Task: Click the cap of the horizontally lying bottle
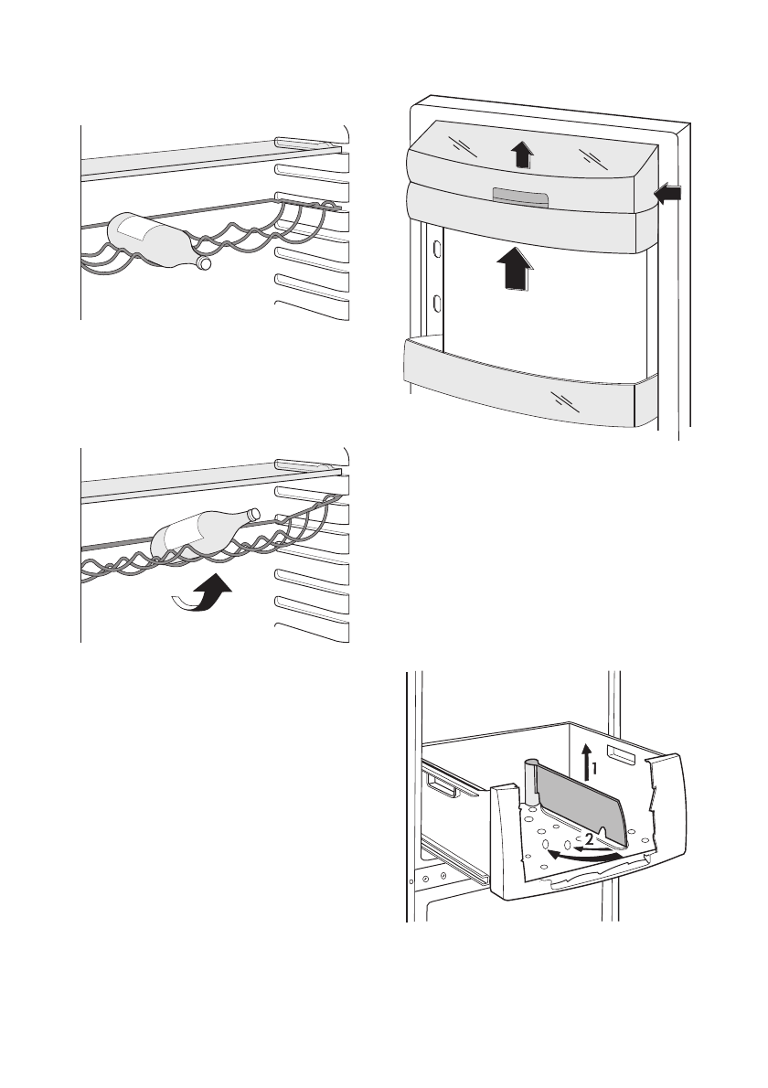point(204,263)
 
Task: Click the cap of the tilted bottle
point(253,514)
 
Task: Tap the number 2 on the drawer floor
point(591,838)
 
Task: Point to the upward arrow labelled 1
point(584,762)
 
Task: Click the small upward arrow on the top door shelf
point(520,155)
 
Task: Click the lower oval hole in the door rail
point(438,303)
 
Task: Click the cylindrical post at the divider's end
point(529,783)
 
